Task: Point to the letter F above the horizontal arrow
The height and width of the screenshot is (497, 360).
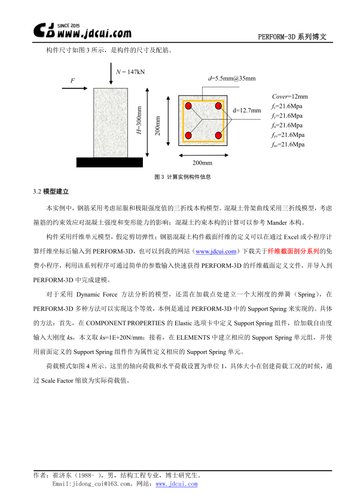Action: pyautogui.click(x=72, y=80)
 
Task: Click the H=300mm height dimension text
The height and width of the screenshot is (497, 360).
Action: pyautogui.click(x=139, y=121)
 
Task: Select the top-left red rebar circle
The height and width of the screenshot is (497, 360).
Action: pyautogui.click(x=188, y=106)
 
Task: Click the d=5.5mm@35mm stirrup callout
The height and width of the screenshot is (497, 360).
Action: pyautogui.click(x=232, y=78)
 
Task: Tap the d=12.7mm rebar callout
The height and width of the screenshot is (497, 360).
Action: pyautogui.click(x=246, y=111)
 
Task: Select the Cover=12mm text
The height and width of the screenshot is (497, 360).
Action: pyautogui.click(x=289, y=96)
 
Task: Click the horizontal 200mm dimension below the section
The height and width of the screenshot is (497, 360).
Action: pyautogui.click(x=202, y=163)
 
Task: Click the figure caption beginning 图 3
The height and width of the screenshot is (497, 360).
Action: pyautogui.click(x=182, y=177)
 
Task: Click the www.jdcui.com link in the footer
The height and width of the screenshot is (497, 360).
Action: pyautogui.click(x=176, y=483)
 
